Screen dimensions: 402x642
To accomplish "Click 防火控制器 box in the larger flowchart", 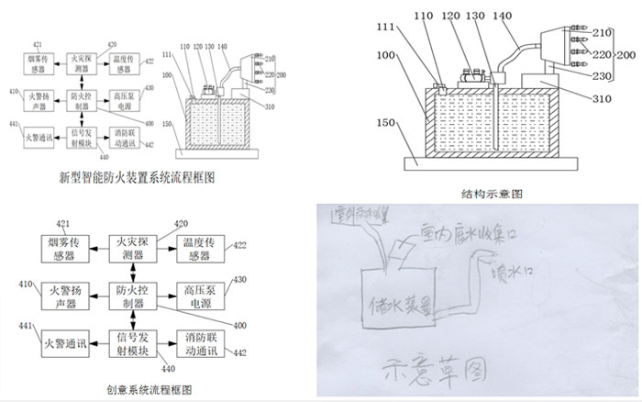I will (131, 296).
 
